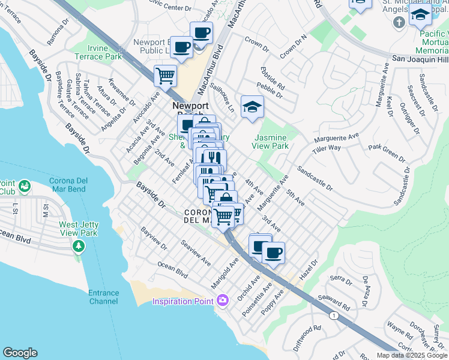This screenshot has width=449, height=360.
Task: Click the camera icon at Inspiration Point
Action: pos(223,299)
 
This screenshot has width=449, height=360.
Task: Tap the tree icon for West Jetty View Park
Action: pos(78,246)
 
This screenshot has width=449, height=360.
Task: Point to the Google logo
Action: pos(20,353)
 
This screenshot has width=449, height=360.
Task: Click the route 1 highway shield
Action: pos(334,314)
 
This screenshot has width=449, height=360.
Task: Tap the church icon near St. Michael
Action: pos(398,23)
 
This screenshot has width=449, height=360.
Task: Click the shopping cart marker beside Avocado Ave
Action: pos(165,76)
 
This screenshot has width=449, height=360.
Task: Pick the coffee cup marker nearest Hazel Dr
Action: pos(274,253)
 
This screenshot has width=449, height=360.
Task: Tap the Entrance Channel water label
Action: pos(104,296)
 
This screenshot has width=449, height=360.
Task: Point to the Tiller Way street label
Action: pos(326,148)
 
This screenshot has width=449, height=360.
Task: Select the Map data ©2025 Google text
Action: pos(412,355)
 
